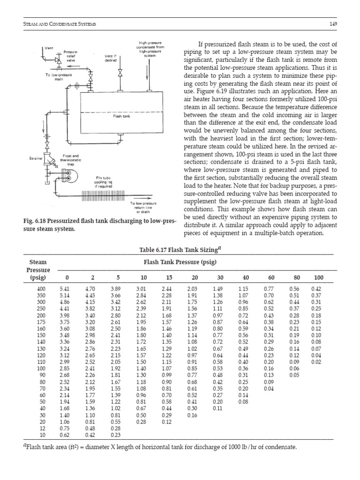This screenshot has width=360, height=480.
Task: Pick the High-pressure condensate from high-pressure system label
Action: pos(148,48)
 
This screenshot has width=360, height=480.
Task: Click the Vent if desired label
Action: pos(111,57)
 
